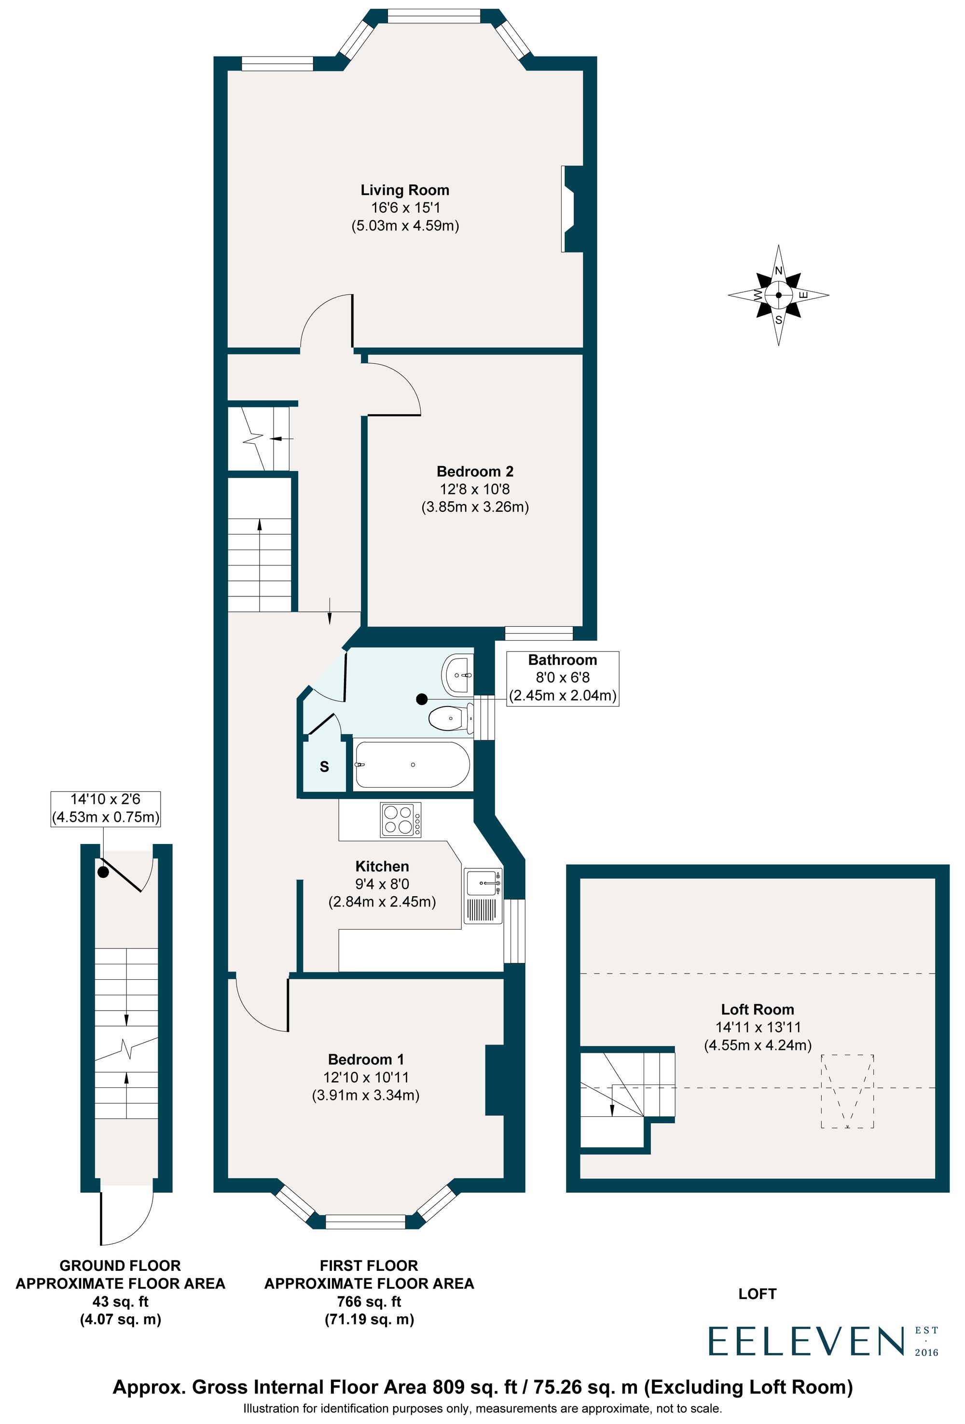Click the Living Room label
[x=404, y=190]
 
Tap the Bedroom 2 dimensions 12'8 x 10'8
[x=475, y=489]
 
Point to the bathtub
[x=412, y=765]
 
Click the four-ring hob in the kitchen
[x=400, y=820]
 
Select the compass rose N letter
[x=778, y=270]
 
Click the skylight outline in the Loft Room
[x=847, y=1091]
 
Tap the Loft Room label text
[x=757, y=1009]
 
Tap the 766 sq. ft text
[x=369, y=1301]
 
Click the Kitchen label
[x=382, y=866]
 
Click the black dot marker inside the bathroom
[x=421, y=699]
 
